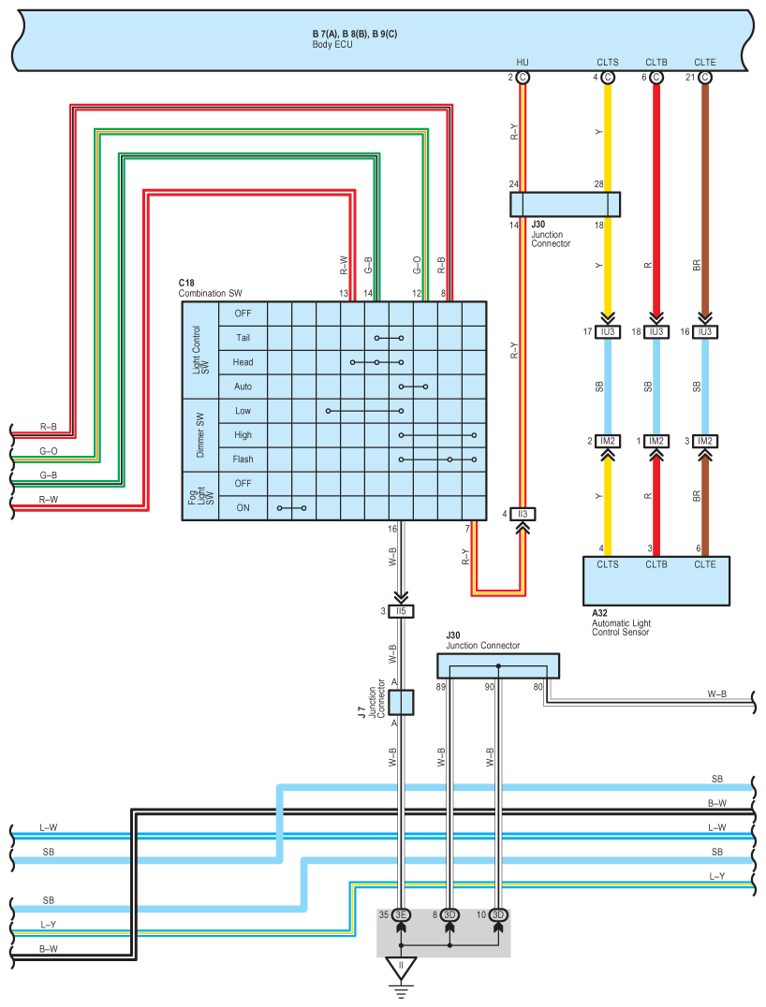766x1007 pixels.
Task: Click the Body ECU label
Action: [332, 44]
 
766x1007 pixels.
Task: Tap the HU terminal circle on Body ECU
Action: [523, 77]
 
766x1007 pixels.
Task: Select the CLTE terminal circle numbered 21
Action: [705, 77]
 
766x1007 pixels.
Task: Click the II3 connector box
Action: [523, 514]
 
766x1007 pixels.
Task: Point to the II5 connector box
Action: [401, 611]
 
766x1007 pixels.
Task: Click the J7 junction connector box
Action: [401, 702]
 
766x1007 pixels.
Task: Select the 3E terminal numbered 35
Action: [401, 914]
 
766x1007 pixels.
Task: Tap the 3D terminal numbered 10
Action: [498, 914]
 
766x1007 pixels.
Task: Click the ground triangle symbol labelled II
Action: [401, 968]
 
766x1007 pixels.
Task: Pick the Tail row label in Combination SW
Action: [243, 338]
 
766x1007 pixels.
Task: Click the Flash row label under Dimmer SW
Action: [243, 460]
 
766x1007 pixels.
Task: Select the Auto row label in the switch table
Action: [243, 387]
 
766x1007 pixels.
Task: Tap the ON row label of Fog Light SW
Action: [243, 508]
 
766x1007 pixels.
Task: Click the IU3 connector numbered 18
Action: [656, 332]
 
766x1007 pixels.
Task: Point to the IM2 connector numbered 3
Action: [705, 441]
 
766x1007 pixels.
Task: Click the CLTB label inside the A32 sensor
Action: [656, 564]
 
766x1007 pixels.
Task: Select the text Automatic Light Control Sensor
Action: [622, 627]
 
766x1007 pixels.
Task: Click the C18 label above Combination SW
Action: [186, 283]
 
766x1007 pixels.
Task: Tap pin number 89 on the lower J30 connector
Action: [441, 687]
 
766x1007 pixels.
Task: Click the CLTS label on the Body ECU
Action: [607, 63]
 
